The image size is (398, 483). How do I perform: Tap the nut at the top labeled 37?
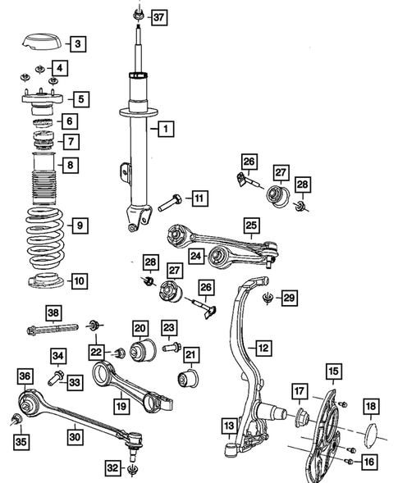click(x=137, y=16)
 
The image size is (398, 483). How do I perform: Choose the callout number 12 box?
click(x=263, y=349)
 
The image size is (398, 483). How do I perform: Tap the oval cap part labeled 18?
click(x=370, y=435)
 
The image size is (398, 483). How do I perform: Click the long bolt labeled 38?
click(x=50, y=332)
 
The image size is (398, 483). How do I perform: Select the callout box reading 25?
click(x=251, y=223)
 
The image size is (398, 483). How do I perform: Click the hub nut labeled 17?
click(x=301, y=417)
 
